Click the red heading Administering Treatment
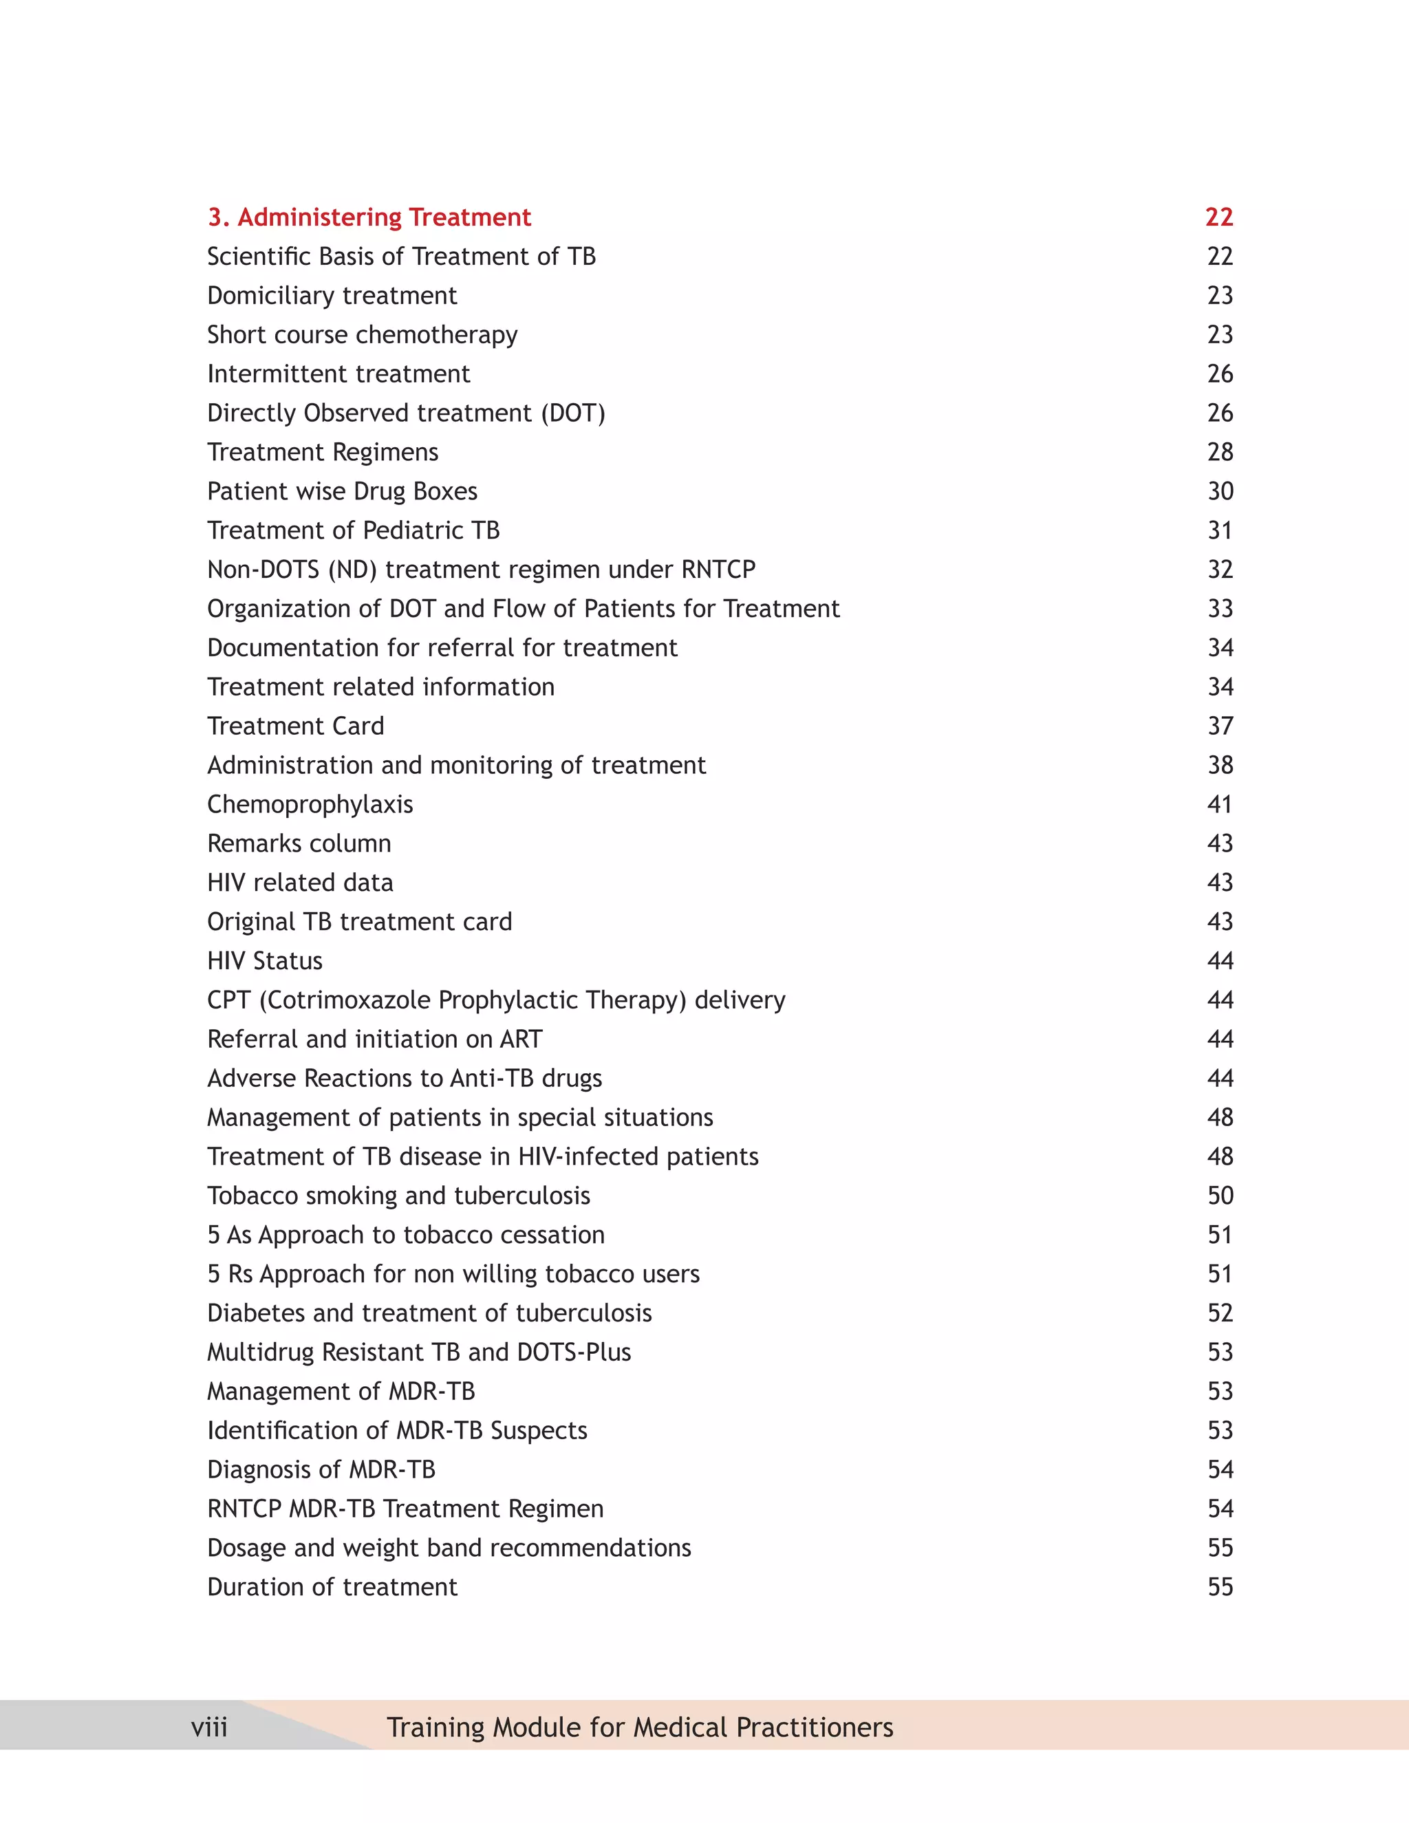pos(369,217)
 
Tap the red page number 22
pos(1218,217)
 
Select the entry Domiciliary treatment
pos(332,296)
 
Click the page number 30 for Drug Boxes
pos(1220,490)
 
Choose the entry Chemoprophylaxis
pos(310,803)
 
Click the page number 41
pos(1220,803)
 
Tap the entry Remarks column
pos(299,843)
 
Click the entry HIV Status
pos(265,961)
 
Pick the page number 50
pos(1220,1196)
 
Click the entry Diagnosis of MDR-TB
pos(321,1469)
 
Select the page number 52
pos(1220,1313)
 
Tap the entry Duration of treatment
pos(332,1587)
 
